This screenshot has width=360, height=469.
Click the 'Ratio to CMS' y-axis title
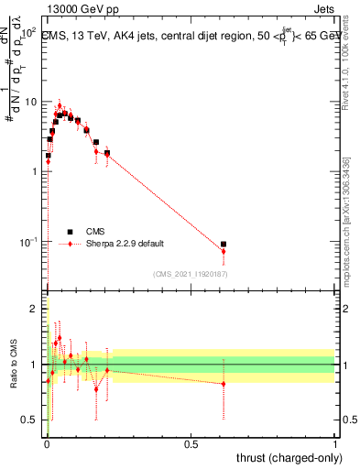[x=13, y=365]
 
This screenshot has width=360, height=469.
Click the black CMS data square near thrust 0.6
[x=224, y=245]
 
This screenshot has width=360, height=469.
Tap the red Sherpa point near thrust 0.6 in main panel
[x=224, y=251]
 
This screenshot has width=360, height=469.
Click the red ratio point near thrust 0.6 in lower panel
[x=224, y=384]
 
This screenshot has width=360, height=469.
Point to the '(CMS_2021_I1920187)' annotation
[x=190, y=274]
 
